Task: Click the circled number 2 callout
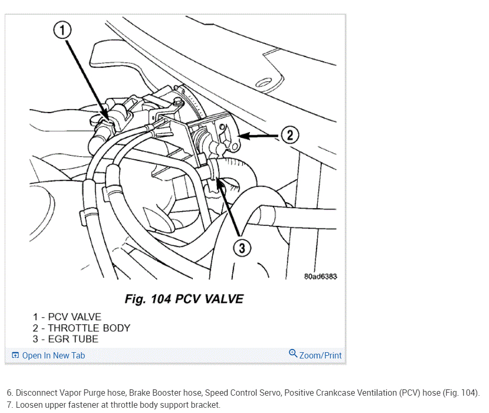point(289,135)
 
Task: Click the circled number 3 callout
point(242,248)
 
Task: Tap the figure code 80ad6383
point(320,276)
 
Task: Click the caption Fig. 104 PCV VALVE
point(184,299)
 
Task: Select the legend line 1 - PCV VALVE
point(67,317)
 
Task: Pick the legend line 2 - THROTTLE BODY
point(81,328)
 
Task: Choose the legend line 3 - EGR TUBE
point(66,339)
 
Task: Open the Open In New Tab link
point(53,355)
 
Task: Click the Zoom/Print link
point(320,355)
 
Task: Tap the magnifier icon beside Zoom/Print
point(293,354)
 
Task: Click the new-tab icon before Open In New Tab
point(15,355)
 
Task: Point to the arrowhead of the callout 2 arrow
point(240,136)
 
